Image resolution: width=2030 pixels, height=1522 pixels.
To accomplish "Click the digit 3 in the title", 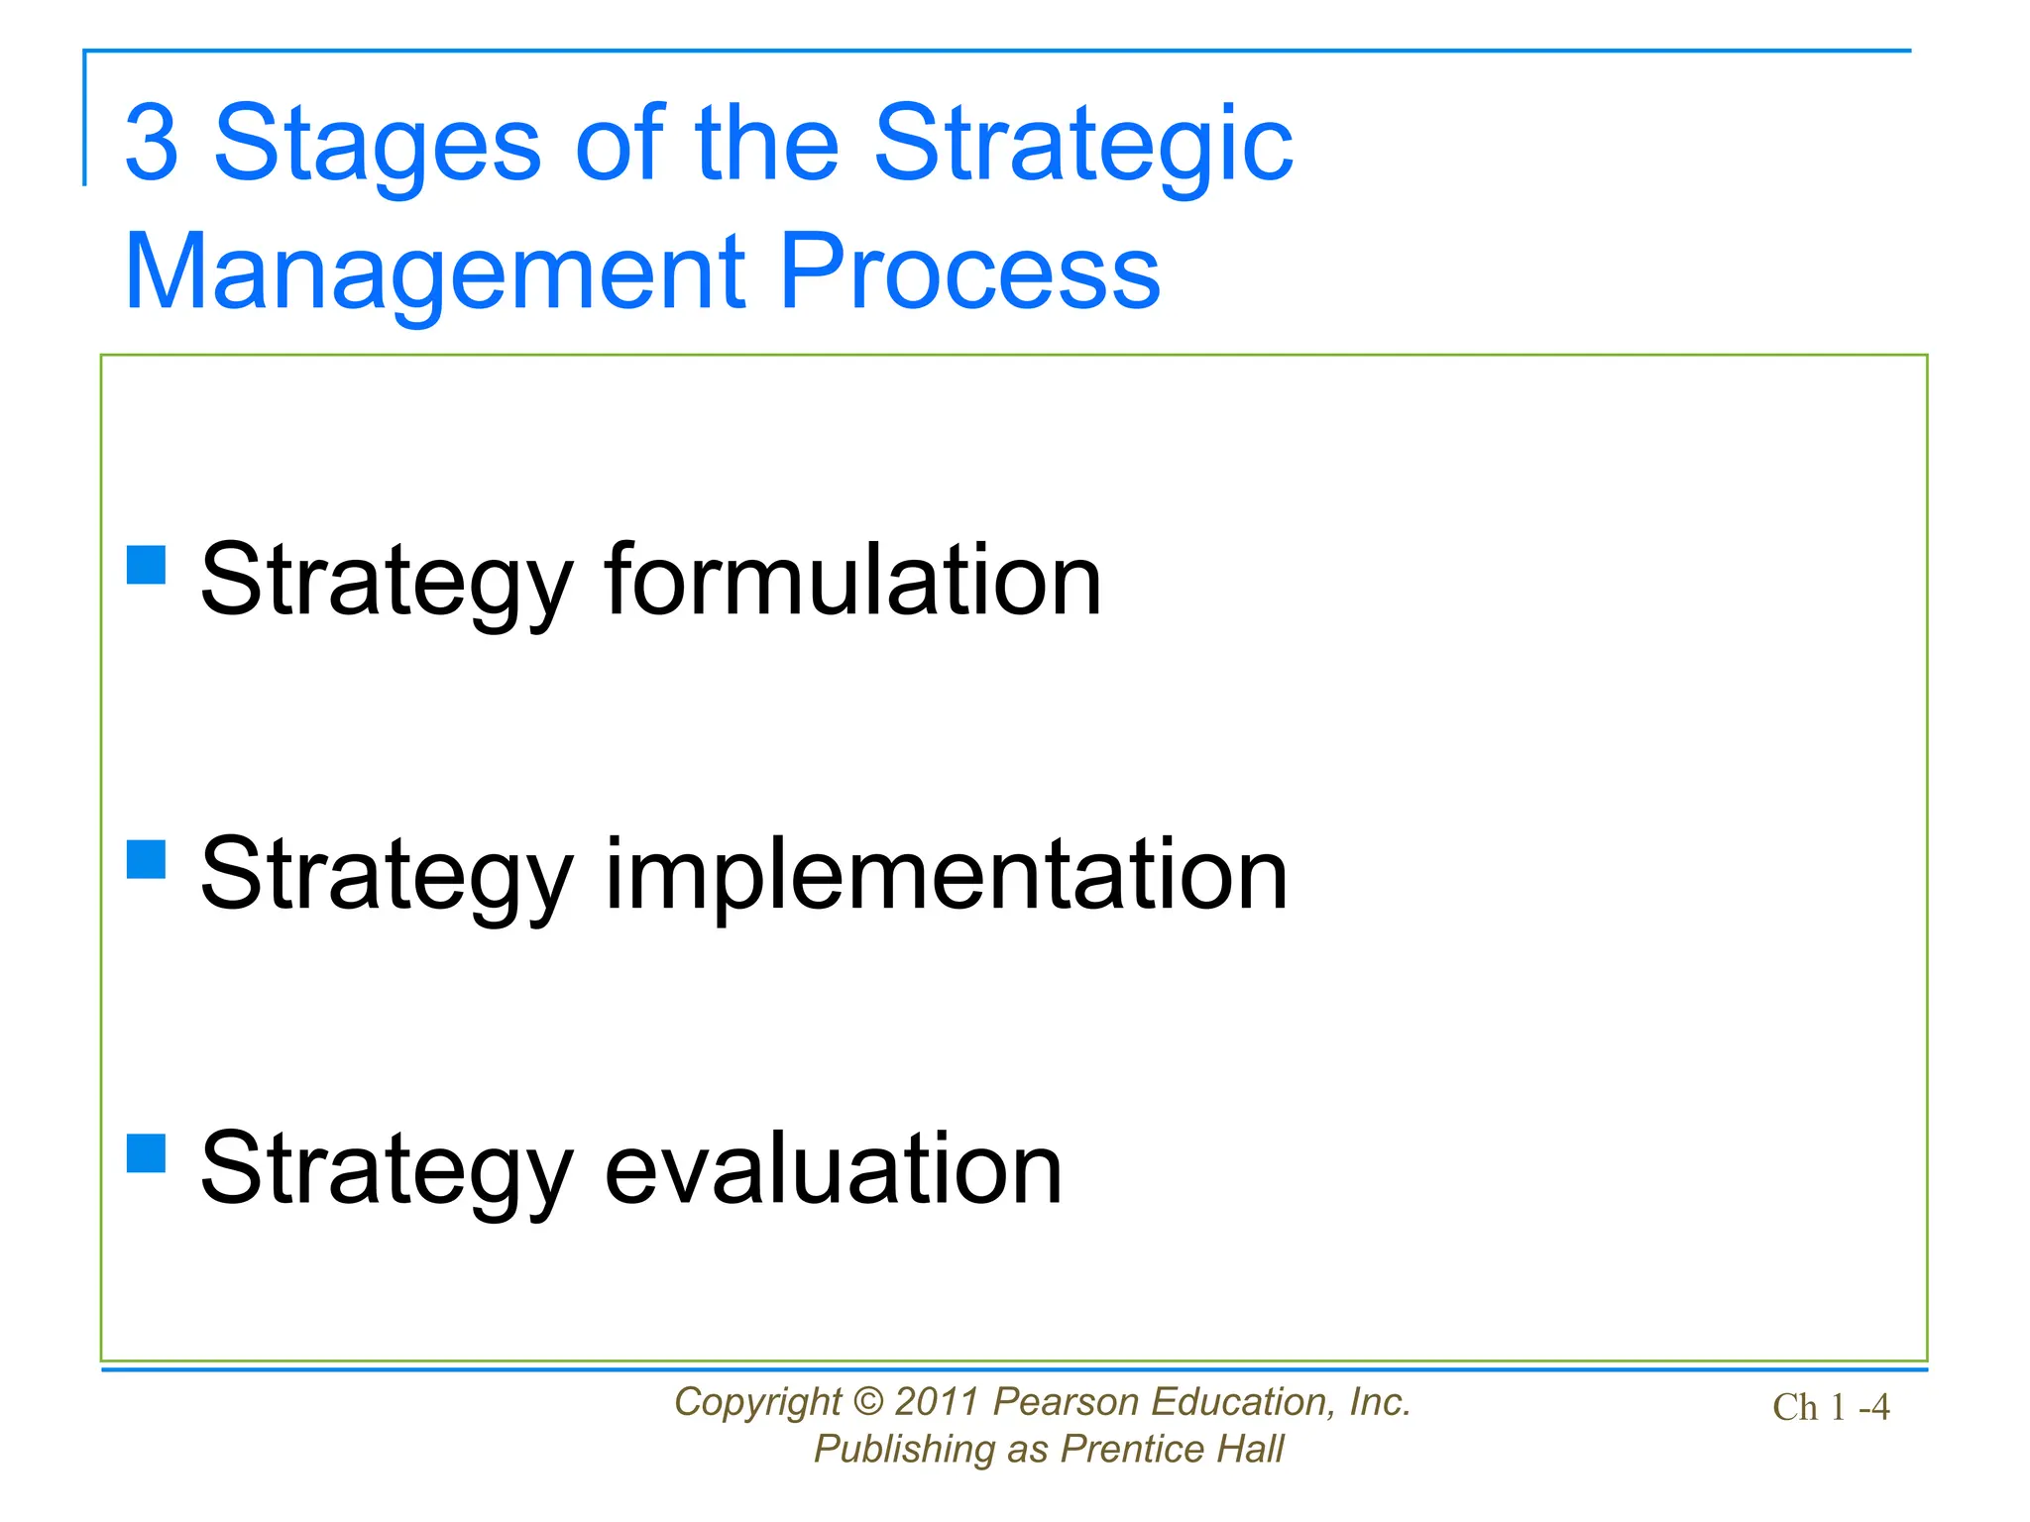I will (x=152, y=144).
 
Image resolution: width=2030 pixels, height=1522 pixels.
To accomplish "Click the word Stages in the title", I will (x=378, y=144).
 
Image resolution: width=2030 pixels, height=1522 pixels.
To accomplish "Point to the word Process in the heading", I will (x=968, y=272).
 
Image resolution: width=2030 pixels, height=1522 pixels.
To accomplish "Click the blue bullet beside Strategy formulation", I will (x=147, y=566).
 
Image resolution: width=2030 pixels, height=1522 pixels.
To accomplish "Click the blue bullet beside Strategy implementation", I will (x=147, y=860).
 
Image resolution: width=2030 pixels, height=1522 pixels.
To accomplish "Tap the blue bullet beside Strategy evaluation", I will (x=147, y=1153).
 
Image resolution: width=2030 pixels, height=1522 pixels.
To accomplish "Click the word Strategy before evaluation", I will (x=387, y=1169).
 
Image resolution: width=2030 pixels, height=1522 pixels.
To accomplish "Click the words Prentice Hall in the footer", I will (x=1172, y=1450).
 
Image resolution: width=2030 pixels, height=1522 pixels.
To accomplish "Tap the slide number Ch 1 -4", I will (x=1831, y=1407).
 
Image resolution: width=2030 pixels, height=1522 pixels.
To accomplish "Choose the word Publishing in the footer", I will (x=904, y=1450).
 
